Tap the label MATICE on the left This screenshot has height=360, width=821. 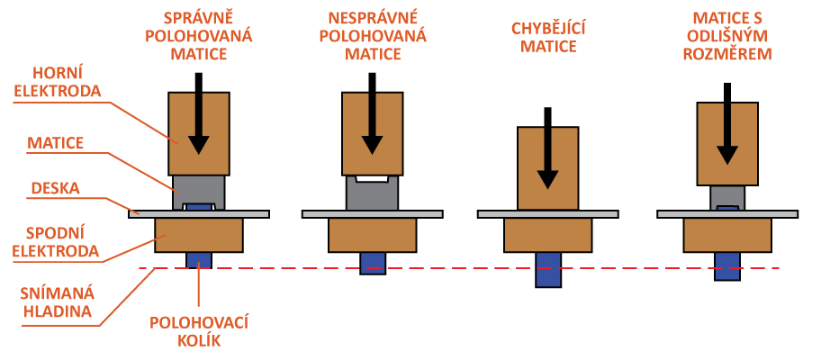[x=56, y=142]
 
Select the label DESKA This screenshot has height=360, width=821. [x=56, y=189]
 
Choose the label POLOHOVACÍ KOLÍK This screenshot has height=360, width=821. [x=200, y=330]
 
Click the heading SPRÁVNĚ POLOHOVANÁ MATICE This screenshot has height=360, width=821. [x=198, y=36]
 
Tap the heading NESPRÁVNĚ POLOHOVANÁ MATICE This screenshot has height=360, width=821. [x=373, y=36]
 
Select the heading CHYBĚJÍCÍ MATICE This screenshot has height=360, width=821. [x=548, y=37]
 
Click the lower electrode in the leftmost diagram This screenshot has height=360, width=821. [x=198, y=234]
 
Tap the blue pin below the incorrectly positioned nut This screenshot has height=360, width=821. [x=373, y=262]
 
